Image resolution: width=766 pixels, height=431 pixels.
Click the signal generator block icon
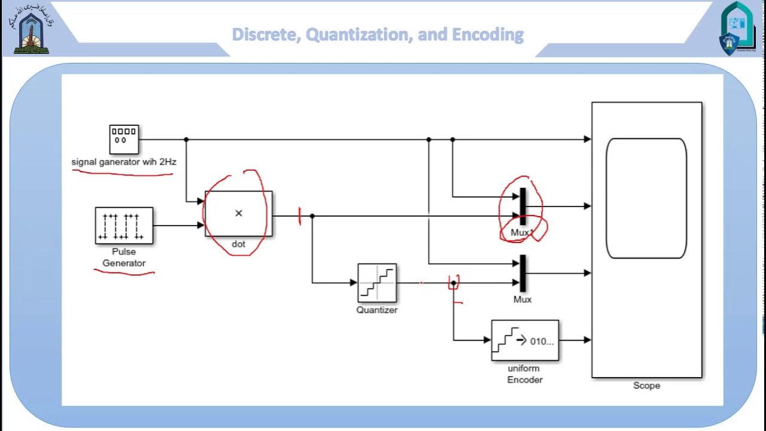coord(124,139)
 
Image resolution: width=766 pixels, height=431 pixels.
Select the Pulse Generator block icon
coord(124,226)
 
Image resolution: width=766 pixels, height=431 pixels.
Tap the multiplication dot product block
coord(238,214)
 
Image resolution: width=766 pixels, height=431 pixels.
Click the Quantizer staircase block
coord(377,283)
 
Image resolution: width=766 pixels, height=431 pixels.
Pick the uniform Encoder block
coord(525,340)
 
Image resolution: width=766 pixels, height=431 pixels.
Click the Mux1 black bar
coord(522,206)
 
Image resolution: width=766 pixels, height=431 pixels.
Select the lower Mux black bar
coord(522,273)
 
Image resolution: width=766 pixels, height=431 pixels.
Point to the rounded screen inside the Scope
coord(646,198)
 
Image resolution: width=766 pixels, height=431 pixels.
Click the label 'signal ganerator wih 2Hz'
coord(124,162)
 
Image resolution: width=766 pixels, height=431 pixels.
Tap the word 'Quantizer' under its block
coord(377,310)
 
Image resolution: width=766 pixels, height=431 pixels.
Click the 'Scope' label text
coord(646,386)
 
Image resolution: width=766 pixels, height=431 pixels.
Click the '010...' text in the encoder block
coord(542,341)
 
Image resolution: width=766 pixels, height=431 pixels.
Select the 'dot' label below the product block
coord(238,244)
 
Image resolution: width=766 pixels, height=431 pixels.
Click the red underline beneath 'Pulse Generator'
coord(124,272)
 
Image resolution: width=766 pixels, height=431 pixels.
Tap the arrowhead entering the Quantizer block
coord(354,283)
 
